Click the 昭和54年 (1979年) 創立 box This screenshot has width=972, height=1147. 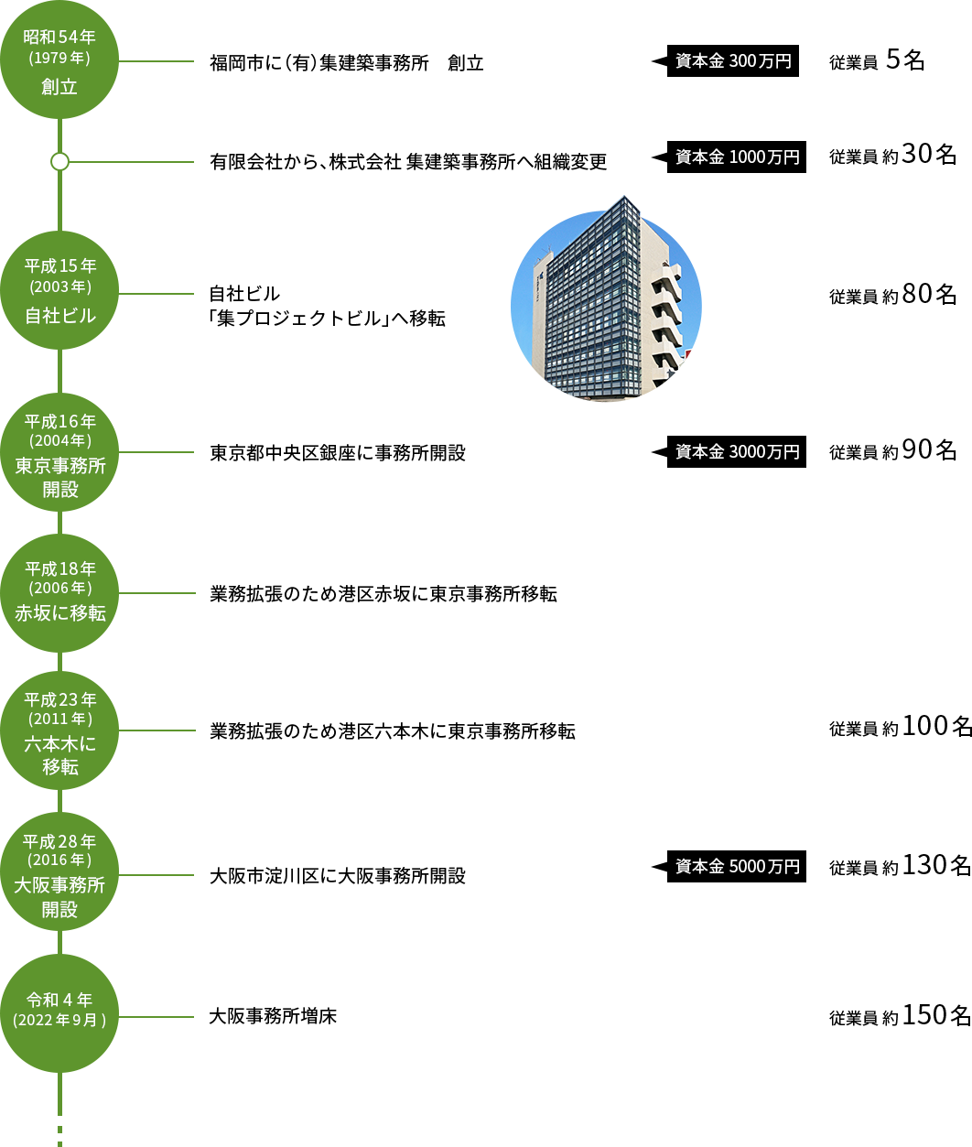tap(59, 60)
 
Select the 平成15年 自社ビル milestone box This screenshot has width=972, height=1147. tap(59, 289)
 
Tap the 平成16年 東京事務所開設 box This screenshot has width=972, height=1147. tap(59, 451)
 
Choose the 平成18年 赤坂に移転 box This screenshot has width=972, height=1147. tap(59, 592)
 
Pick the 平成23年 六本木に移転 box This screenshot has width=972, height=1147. tap(59, 730)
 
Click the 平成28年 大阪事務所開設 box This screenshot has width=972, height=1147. tap(59, 871)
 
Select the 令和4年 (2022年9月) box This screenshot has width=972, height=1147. tap(59, 1012)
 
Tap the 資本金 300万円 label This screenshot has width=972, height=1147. tap(725, 60)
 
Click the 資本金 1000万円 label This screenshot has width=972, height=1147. tap(729, 157)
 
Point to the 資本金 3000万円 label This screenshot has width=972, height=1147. tap(729, 451)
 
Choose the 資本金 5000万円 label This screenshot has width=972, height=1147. tap(729, 866)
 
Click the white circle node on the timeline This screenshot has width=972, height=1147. tap(59, 161)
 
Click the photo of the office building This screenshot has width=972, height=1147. tap(605, 308)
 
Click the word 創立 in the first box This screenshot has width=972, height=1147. tap(59, 87)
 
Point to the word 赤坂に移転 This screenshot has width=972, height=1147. tap(60, 613)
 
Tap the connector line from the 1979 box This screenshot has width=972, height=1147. tap(156, 61)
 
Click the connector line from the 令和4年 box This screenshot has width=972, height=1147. tap(156, 1016)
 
